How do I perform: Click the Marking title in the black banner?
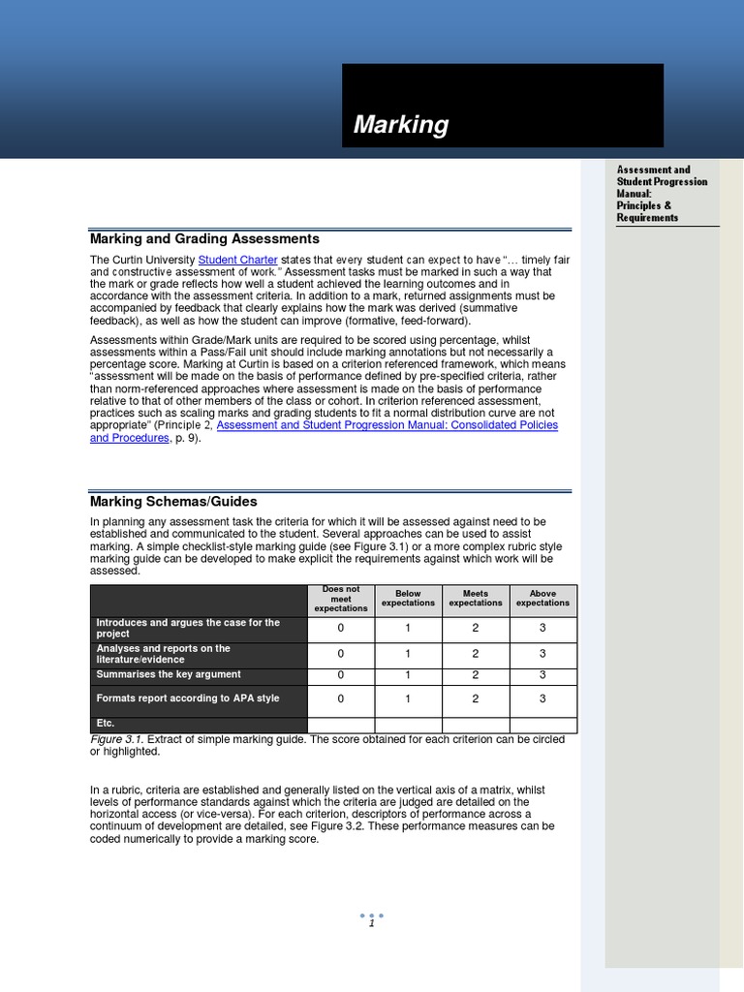tap(401, 125)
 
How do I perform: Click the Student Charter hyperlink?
tap(238, 260)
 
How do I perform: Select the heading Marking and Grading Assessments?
tap(204, 239)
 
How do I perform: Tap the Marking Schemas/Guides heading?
tap(173, 502)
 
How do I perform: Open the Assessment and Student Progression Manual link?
tap(387, 425)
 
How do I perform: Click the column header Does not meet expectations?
tap(341, 599)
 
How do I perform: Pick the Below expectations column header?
tap(408, 599)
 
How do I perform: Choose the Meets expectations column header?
tap(476, 599)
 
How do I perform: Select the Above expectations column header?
tap(542, 599)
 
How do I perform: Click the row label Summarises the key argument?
tap(168, 675)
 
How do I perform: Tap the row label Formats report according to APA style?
tap(187, 698)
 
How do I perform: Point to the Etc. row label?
tap(106, 724)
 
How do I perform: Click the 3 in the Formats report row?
tap(542, 698)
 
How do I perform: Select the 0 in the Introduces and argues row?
tap(341, 628)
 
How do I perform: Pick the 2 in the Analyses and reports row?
tap(476, 654)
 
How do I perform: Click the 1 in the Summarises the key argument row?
tap(408, 675)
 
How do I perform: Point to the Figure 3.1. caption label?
tap(116, 740)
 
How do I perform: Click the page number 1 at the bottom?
tap(371, 923)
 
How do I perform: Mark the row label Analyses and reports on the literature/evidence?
tap(162, 654)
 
